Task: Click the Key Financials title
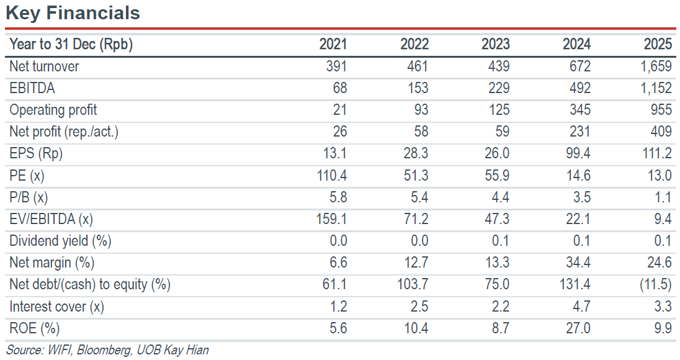73,13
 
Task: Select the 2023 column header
495,44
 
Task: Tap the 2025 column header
658,44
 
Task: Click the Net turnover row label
44,66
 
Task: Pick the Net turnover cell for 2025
656,66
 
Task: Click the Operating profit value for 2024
580,110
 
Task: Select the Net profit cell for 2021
339,132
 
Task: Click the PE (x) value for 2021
332,175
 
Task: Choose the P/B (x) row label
29,197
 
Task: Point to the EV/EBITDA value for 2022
416,219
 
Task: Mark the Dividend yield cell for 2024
581,241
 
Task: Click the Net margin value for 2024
578,263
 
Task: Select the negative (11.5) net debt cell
656,284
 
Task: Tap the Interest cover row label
57,307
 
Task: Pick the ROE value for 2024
578,328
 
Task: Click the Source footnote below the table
107,350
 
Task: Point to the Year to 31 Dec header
71,44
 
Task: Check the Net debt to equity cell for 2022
413,284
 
